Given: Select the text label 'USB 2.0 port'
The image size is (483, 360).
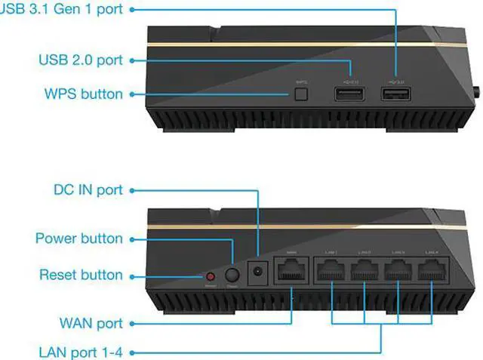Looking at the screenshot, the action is (x=80, y=59).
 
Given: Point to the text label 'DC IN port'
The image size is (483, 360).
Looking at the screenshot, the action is (x=88, y=189).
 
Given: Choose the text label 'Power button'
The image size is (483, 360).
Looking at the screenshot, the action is (x=78, y=238).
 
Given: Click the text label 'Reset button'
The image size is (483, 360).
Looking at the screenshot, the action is (x=80, y=275).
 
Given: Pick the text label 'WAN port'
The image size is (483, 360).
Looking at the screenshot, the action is (x=90, y=323).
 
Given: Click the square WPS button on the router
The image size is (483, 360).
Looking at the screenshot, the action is (x=302, y=94).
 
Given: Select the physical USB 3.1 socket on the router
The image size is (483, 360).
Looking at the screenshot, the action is (x=396, y=94).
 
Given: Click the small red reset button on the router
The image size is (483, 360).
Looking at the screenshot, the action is (x=211, y=275).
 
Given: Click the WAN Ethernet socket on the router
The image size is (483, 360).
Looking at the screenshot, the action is (x=290, y=269).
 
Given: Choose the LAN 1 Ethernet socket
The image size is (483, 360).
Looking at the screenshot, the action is (x=332, y=269).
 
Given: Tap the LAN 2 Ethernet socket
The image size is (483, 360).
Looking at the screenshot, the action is (x=365, y=269).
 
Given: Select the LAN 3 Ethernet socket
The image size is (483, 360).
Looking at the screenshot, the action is (x=398, y=269).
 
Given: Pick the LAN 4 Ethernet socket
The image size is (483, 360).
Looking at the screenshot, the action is (x=432, y=269).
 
